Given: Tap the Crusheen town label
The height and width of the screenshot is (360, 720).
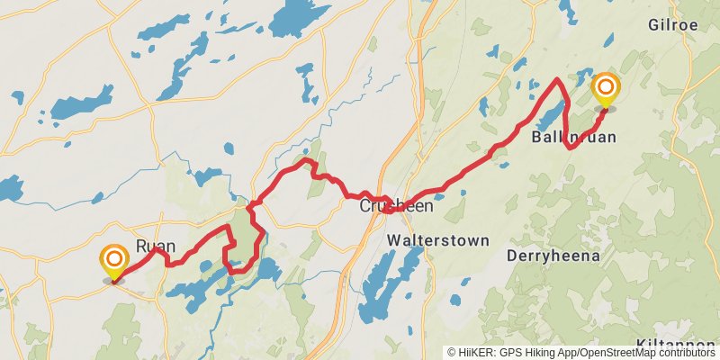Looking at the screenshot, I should tap(397, 206).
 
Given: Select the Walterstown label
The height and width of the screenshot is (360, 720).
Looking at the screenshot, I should tap(437, 240).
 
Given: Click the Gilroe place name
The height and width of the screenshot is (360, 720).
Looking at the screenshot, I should tap(672, 25).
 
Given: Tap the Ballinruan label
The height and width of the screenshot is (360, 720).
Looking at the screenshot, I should tap(572, 138).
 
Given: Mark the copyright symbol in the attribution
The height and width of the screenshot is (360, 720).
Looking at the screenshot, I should tap(452, 353).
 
